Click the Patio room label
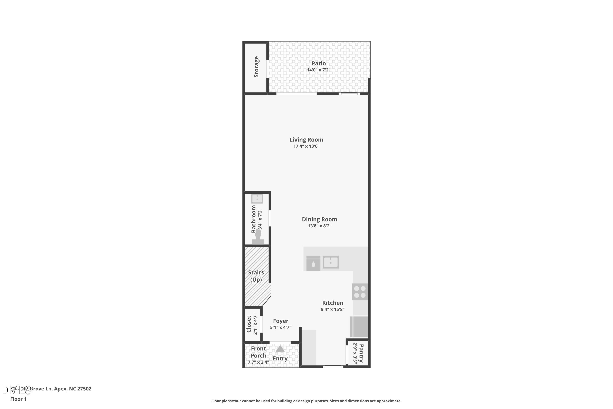tap(319, 63)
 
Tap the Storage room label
tap(256, 67)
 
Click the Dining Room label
tap(319, 219)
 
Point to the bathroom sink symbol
tap(257, 199)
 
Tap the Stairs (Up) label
tap(256, 276)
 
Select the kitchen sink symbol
tap(330, 262)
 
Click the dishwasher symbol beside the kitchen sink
tap(313, 263)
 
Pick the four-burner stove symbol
tap(360, 292)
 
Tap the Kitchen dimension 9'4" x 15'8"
tap(333, 309)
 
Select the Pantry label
tap(361, 353)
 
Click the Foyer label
tap(280, 321)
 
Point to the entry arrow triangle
tap(280, 349)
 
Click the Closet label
tap(249, 324)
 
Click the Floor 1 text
tap(18, 399)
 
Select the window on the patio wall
tap(349, 94)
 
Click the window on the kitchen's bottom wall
tap(333, 367)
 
